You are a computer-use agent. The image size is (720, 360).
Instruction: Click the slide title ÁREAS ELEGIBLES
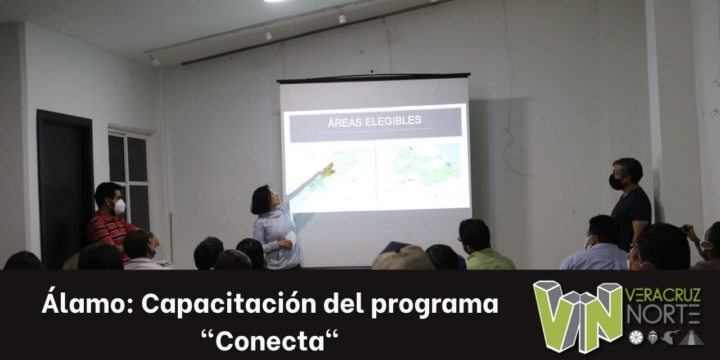point(375,120)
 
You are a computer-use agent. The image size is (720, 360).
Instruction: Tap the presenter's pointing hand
point(327,170)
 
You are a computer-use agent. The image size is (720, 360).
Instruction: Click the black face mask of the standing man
point(616,182)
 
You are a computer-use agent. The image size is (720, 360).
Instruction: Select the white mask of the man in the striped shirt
point(119,207)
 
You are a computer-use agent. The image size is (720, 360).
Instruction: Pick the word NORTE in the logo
point(663,314)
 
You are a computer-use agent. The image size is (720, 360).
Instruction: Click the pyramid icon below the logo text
point(691,337)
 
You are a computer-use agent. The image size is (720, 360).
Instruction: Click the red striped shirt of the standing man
point(110,231)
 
